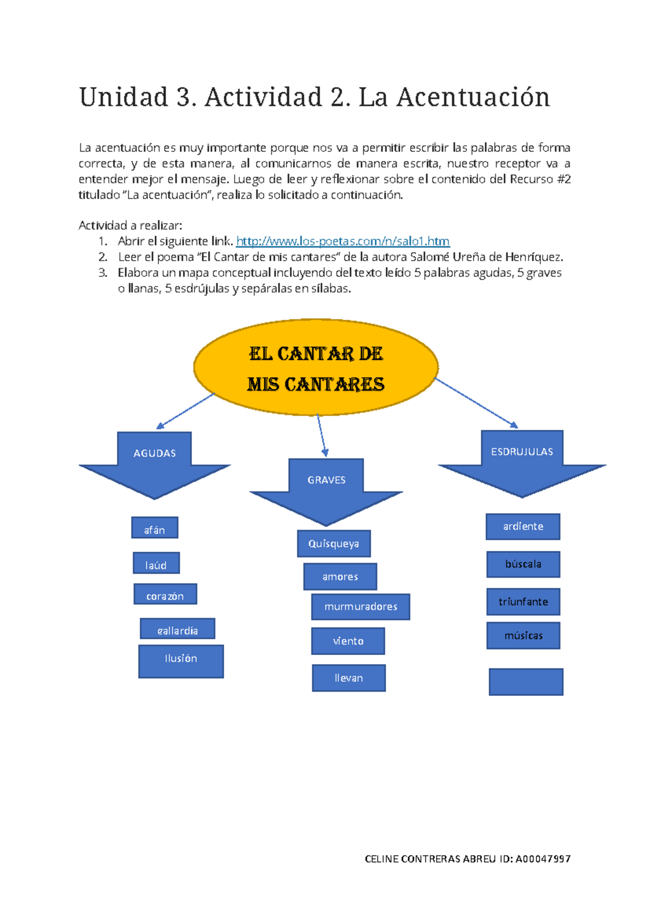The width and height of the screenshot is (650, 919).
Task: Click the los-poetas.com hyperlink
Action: click(343, 241)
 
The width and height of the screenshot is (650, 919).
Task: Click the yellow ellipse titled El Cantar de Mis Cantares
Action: click(316, 368)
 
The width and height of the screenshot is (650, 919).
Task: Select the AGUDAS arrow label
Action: click(154, 454)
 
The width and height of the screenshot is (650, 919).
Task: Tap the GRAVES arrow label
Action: click(326, 480)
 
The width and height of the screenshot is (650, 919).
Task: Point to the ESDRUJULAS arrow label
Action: click(522, 452)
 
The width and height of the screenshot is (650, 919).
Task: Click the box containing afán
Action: click(154, 528)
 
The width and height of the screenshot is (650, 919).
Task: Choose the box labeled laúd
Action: click(156, 564)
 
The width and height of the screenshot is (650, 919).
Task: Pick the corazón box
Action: click(165, 594)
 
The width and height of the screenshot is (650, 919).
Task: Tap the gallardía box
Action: click(178, 629)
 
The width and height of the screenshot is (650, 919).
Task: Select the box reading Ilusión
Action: click(181, 661)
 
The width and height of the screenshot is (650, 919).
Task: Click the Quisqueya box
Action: click(334, 543)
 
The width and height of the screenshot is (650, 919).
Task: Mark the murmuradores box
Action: click(361, 607)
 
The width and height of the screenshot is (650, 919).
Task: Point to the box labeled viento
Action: click(348, 641)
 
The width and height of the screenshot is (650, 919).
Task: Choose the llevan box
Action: click(349, 678)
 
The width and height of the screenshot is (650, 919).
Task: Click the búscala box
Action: click(523, 564)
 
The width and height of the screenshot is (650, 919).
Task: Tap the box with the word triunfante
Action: click(523, 602)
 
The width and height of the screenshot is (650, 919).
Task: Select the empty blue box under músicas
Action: click(526, 682)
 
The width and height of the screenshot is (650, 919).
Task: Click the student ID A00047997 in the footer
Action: click(543, 859)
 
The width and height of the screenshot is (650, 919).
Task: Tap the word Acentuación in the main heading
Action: click(473, 98)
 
